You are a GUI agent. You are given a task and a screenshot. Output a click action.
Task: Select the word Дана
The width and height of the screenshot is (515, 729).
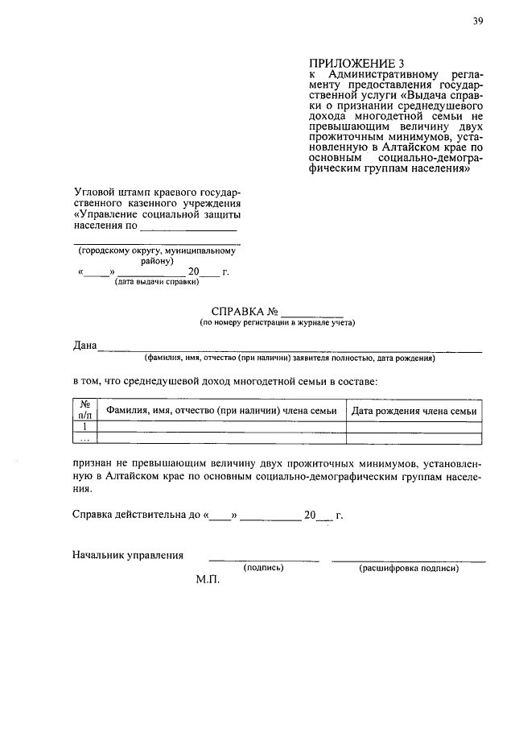click(x=84, y=346)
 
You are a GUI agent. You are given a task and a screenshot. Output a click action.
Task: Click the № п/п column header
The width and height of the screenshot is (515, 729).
click(x=84, y=410)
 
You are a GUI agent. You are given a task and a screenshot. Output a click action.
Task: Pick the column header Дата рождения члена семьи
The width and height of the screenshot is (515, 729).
click(x=414, y=411)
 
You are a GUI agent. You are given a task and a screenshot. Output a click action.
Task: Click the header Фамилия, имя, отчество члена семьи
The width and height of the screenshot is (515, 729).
click(x=221, y=411)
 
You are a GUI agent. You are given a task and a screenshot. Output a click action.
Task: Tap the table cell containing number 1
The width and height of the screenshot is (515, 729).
click(x=84, y=427)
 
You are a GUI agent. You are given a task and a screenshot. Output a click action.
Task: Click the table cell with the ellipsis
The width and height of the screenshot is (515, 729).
click(x=84, y=439)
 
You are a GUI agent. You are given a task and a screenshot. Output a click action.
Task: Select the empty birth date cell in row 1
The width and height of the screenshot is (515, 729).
click(x=414, y=427)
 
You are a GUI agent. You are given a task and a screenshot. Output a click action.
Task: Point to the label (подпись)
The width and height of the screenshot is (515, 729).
click(x=264, y=568)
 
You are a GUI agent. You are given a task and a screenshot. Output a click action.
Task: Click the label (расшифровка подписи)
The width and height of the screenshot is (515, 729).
click(x=409, y=568)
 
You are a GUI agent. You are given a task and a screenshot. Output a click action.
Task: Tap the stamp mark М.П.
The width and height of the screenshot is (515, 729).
click(x=207, y=580)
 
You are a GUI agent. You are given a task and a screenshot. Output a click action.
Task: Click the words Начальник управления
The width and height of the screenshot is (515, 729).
click(x=128, y=555)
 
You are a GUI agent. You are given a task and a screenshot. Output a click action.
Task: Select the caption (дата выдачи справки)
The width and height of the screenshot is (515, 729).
click(x=157, y=283)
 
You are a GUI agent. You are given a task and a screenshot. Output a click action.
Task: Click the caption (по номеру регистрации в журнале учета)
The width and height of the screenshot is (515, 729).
click(x=278, y=323)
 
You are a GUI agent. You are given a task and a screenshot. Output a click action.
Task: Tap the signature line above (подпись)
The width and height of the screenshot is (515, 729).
click(x=264, y=559)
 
